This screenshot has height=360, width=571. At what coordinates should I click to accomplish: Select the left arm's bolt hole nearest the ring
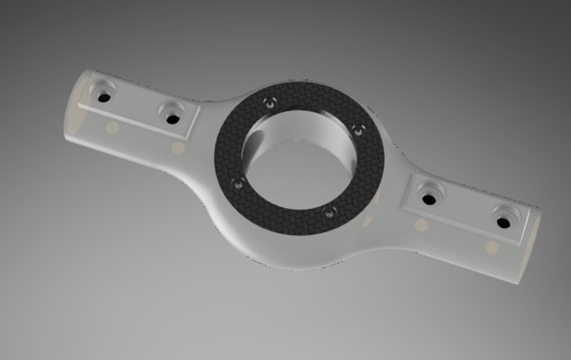173,119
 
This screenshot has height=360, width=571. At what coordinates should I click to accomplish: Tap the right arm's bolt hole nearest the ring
429,199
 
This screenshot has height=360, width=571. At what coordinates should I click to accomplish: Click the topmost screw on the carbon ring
271,104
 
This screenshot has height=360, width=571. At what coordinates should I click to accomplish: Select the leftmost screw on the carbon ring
239,184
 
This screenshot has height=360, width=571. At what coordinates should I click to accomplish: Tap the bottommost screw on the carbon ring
328,212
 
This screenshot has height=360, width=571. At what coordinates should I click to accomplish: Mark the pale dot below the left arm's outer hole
112,127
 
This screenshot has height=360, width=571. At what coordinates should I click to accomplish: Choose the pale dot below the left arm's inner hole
177,148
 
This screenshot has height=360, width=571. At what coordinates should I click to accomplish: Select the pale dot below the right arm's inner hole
421,224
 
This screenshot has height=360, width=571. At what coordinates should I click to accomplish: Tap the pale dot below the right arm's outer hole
491,248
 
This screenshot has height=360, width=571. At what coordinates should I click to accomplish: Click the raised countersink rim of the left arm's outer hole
95,89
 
